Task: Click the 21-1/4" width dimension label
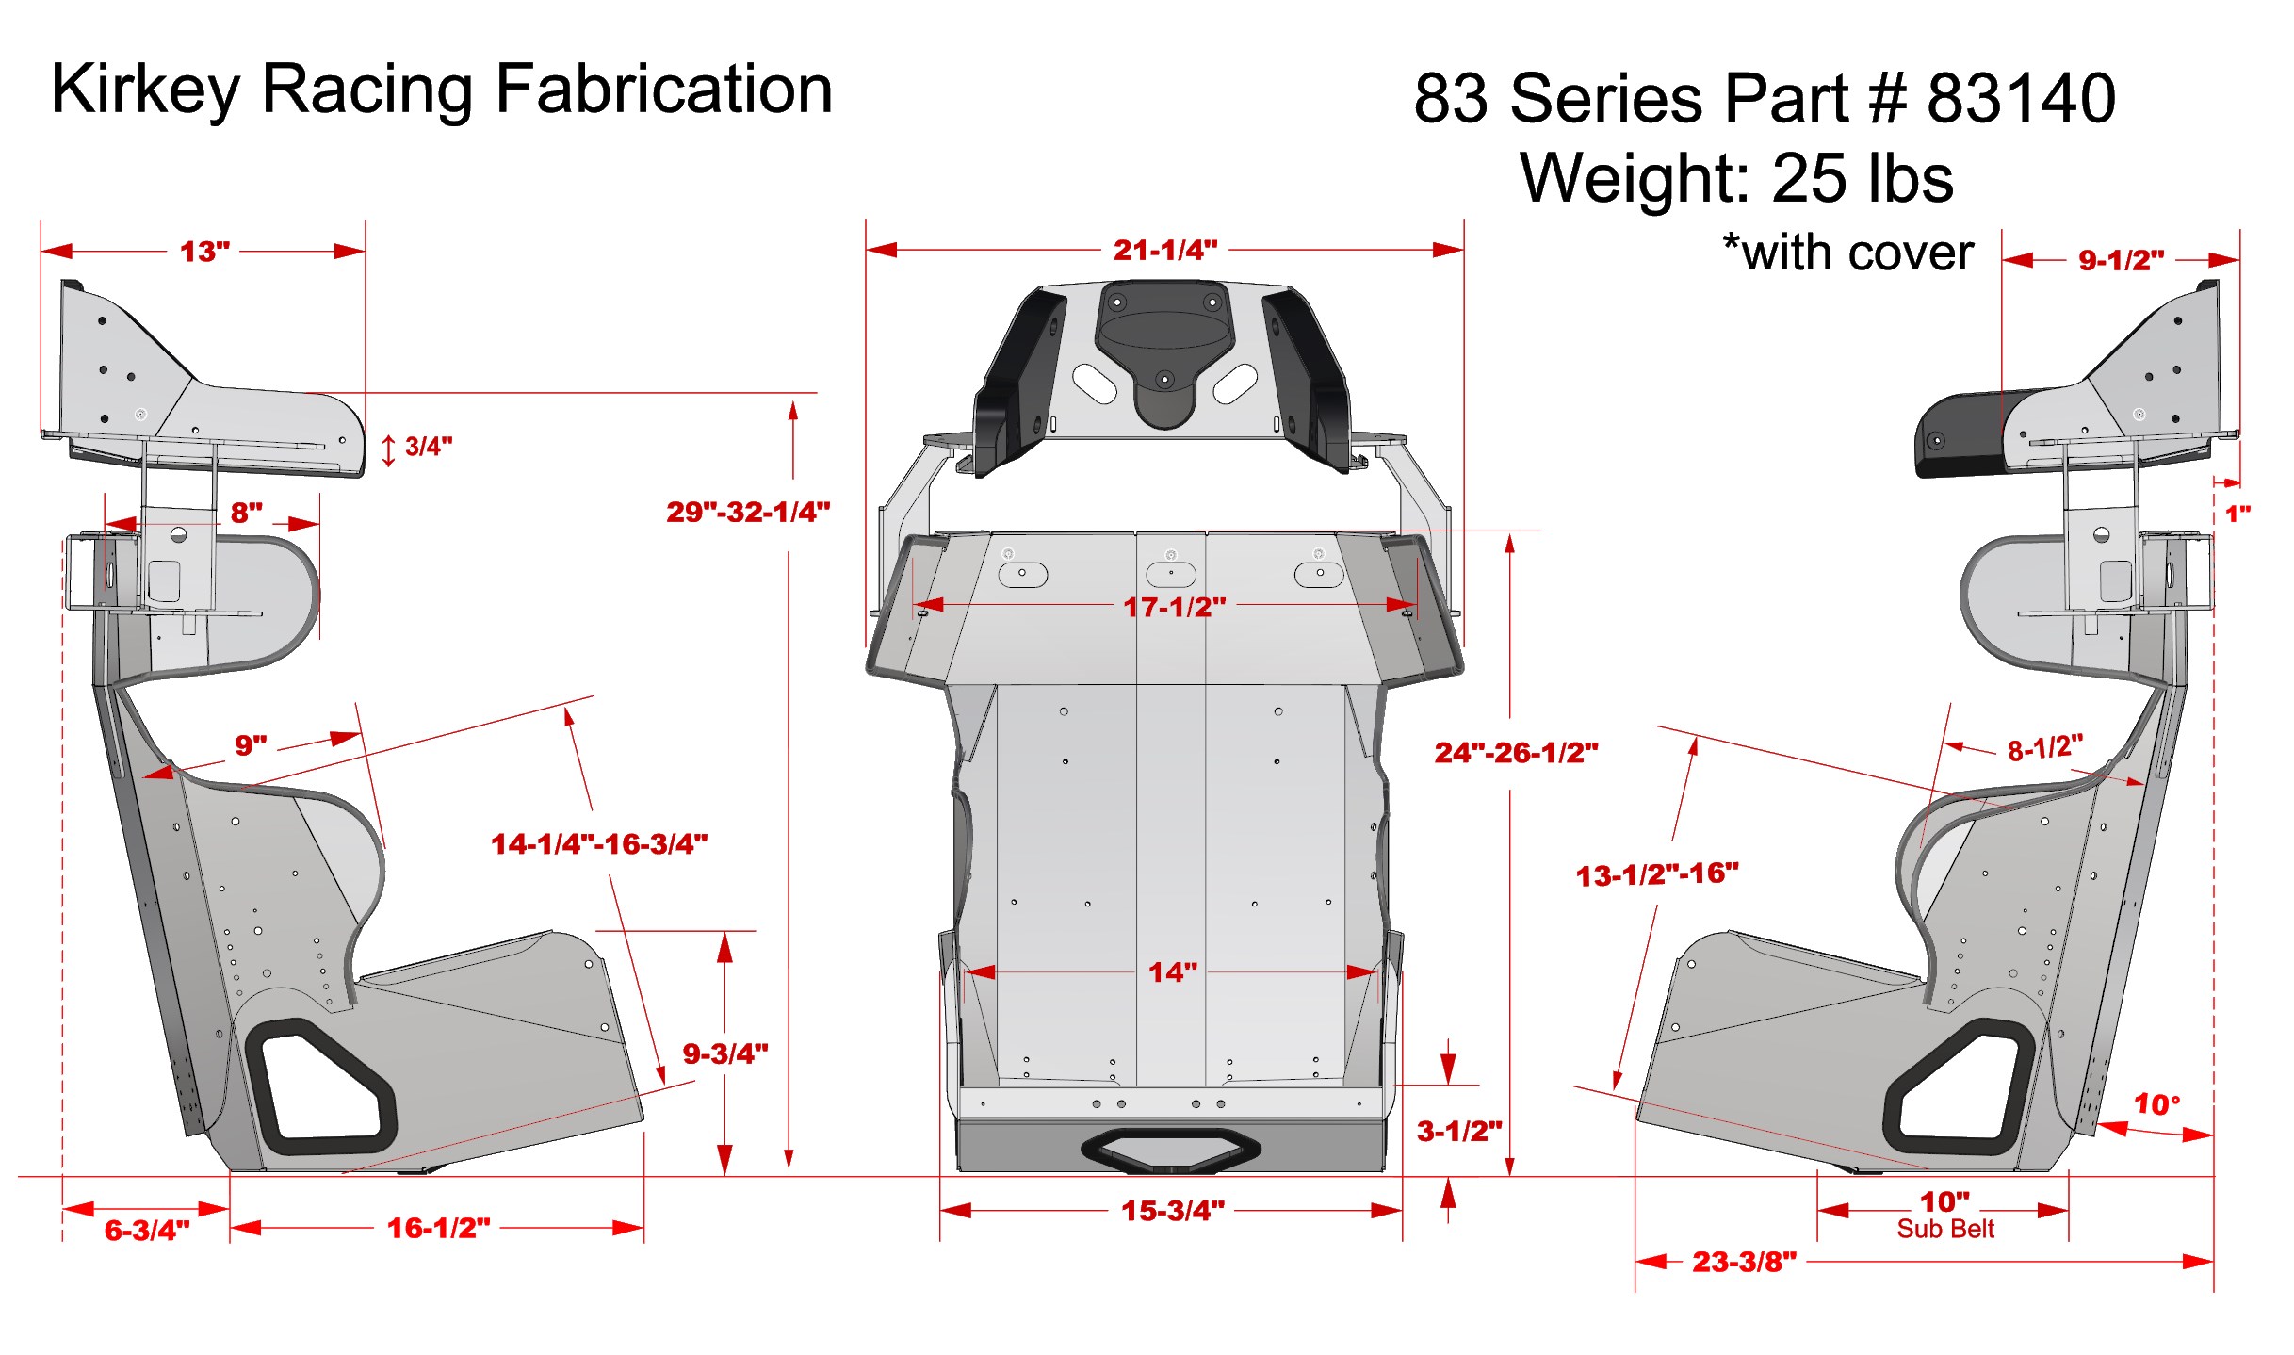click(x=1165, y=250)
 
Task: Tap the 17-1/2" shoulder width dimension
click(x=1174, y=607)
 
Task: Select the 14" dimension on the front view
click(x=1172, y=972)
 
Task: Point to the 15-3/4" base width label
click(x=1172, y=1211)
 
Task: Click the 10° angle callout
click(x=2156, y=1103)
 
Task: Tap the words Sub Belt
click(x=1945, y=1229)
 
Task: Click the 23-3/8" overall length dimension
click(x=1744, y=1262)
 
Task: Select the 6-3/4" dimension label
click(x=147, y=1230)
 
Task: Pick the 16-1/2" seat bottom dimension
click(x=438, y=1228)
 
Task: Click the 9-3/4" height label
click(x=724, y=1053)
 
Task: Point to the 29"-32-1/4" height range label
click(x=748, y=512)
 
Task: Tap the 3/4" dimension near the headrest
click(x=428, y=447)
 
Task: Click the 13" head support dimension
click(x=204, y=252)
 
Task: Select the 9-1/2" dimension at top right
click(x=2121, y=260)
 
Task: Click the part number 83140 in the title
click(x=2021, y=98)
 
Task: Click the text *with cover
click(x=1847, y=253)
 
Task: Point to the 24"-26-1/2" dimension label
click(x=1516, y=753)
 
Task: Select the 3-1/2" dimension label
click(x=1458, y=1131)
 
